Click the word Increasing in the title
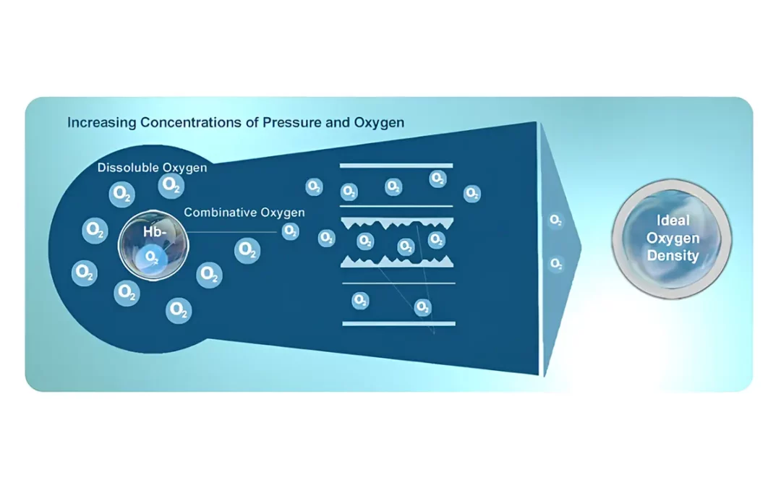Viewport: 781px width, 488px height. [102, 122]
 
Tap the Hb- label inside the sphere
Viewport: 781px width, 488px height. [155, 231]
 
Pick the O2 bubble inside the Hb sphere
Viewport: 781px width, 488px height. [151, 257]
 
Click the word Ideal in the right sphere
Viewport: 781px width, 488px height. [673, 220]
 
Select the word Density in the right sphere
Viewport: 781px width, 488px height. [673, 255]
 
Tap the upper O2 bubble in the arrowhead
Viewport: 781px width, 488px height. [555, 220]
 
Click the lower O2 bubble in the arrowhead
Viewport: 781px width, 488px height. [556, 263]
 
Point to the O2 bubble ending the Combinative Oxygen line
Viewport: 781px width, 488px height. [291, 231]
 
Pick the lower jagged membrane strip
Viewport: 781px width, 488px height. [397, 262]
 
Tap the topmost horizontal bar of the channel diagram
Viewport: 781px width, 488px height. [396, 166]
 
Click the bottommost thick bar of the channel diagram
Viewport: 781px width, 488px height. [398, 324]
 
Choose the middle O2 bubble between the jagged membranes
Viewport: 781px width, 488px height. [406, 246]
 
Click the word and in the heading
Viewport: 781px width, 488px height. [337, 122]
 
